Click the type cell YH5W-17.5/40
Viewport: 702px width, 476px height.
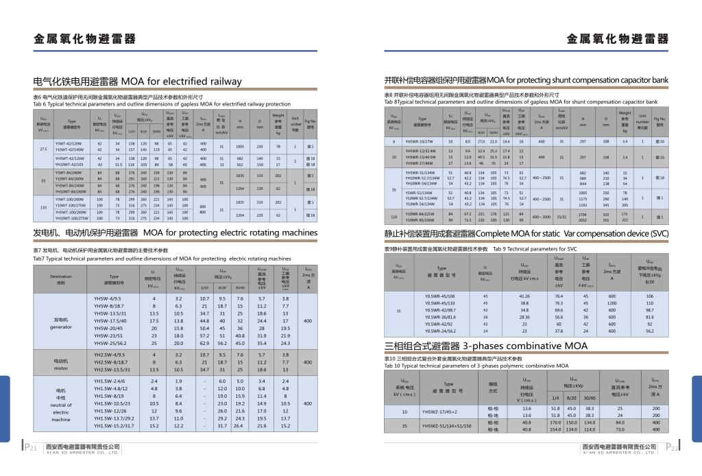[110, 321]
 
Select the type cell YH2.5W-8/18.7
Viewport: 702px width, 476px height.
[110, 362]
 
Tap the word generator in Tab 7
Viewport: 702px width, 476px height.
[60, 327]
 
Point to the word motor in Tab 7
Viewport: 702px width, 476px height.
[60, 368]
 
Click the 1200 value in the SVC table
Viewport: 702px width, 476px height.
[611, 303]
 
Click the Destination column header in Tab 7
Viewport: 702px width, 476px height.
[60, 276]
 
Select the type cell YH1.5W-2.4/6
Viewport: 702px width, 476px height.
[110, 381]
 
